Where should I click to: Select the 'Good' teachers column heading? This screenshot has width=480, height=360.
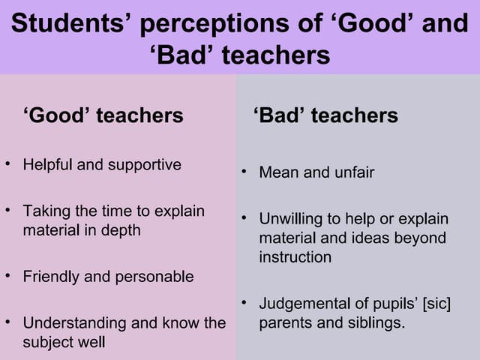point(103,115)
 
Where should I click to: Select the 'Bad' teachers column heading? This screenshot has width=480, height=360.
point(325,115)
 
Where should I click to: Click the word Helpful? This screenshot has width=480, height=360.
point(46,164)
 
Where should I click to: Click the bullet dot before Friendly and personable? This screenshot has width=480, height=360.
point(7,275)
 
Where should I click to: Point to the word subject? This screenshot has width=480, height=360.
point(46,343)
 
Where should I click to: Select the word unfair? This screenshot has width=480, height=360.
point(351,172)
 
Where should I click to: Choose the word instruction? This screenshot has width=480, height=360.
point(295,257)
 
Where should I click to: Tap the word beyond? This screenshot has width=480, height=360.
point(421,238)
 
